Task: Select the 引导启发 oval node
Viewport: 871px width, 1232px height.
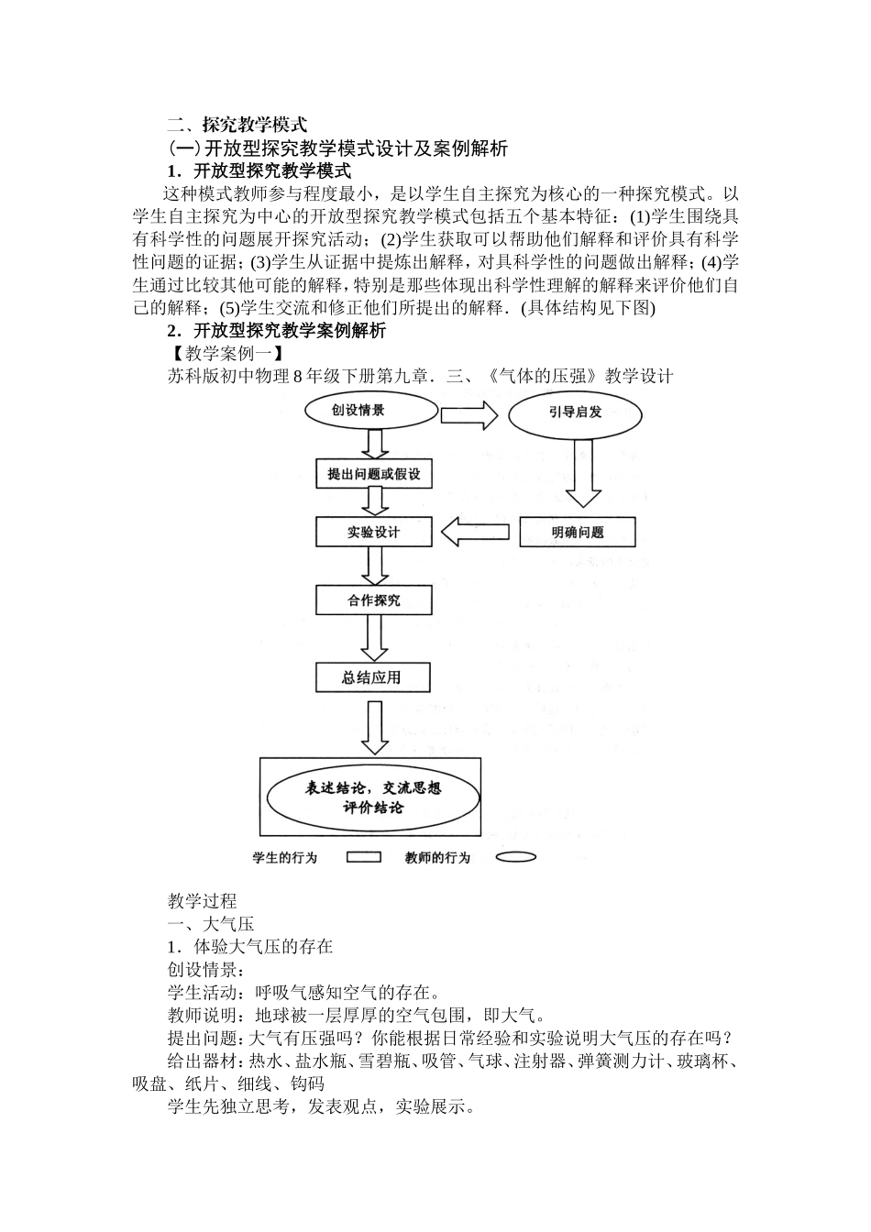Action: (575, 412)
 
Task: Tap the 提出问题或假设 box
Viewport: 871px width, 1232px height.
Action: (374, 475)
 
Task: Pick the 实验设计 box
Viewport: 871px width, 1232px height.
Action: (374, 532)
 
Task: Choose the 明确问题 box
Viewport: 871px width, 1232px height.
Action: (578, 532)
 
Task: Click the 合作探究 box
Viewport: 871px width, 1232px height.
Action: (374, 600)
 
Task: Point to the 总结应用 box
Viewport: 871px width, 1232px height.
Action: (374, 677)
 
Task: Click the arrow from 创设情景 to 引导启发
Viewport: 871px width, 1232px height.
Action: (469, 414)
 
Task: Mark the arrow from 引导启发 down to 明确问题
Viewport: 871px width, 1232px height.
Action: (579, 474)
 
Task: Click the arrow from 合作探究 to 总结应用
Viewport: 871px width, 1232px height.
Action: (374, 638)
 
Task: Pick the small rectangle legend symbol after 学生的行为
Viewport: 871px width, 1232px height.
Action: (364, 858)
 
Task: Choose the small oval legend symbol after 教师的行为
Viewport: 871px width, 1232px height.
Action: (516, 858)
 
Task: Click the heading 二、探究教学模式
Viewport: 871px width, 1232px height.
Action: (237, 125)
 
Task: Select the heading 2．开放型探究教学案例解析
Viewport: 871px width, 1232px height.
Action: (276, 330)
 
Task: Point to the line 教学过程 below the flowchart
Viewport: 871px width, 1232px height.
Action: (202, 900)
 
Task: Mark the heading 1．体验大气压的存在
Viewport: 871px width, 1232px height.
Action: (249, 946)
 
